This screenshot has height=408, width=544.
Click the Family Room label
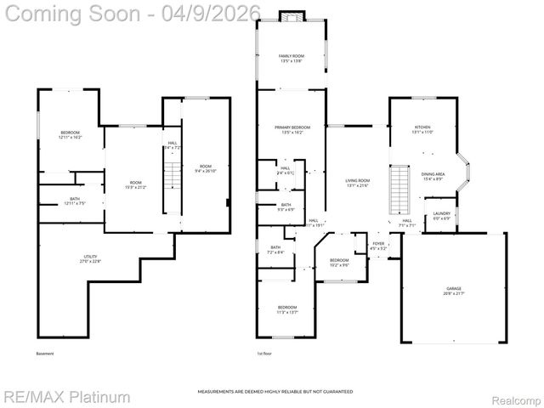[x=292, y=59]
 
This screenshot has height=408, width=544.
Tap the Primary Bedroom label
[x=292, y=130]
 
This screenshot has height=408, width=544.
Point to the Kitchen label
[x=422, y=130]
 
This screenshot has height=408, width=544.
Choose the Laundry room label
[x=441, y=216]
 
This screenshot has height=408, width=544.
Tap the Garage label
[x=453, y=292]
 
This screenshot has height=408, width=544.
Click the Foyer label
[x=378, y=246]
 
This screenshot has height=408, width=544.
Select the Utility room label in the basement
[x=90, y=259]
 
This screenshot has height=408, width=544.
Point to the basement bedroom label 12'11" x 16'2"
[x=71, y=134]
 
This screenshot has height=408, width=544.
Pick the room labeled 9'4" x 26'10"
[x=206, y=168]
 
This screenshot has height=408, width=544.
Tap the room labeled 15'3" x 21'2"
[x=135, y=185]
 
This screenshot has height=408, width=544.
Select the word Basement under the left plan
[x=45, y=354]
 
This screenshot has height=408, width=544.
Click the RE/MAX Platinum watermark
[x=66, y=397]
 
